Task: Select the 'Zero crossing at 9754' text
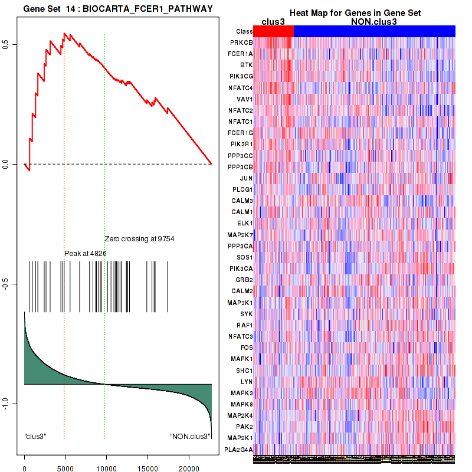click(139, 239)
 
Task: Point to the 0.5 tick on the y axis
click(13, 44)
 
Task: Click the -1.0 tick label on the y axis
click(13, 403)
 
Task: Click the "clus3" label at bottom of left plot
click(35, 437)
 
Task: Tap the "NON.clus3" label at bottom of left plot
click(190, 437)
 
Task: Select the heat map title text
click(355, 13)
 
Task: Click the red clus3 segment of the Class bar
click(273, 31)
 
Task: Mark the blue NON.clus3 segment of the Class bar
click(374, 31)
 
